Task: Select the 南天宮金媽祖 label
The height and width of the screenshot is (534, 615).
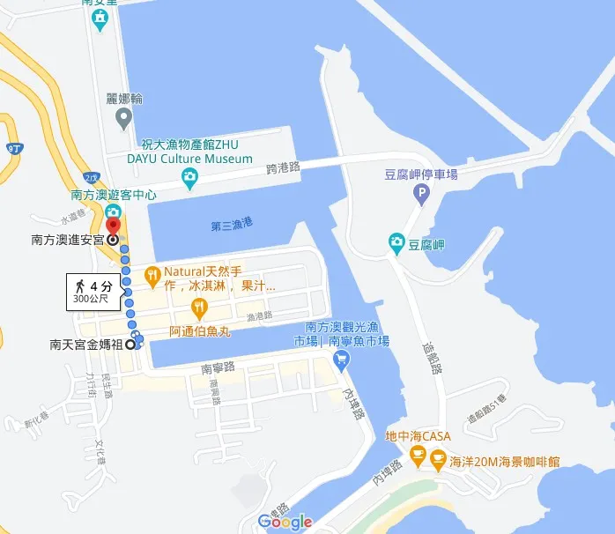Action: (x=86, y=345)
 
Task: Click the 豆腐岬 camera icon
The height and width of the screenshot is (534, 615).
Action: (x=396, y=241)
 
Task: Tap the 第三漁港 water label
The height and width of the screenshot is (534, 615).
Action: (x=231, y=226)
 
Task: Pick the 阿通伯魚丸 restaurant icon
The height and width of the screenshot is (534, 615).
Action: (x=199, y=308)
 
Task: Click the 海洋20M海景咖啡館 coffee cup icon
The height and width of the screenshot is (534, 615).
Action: (x=437, y=461)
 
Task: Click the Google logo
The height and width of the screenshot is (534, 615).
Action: (x=285, y=522)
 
